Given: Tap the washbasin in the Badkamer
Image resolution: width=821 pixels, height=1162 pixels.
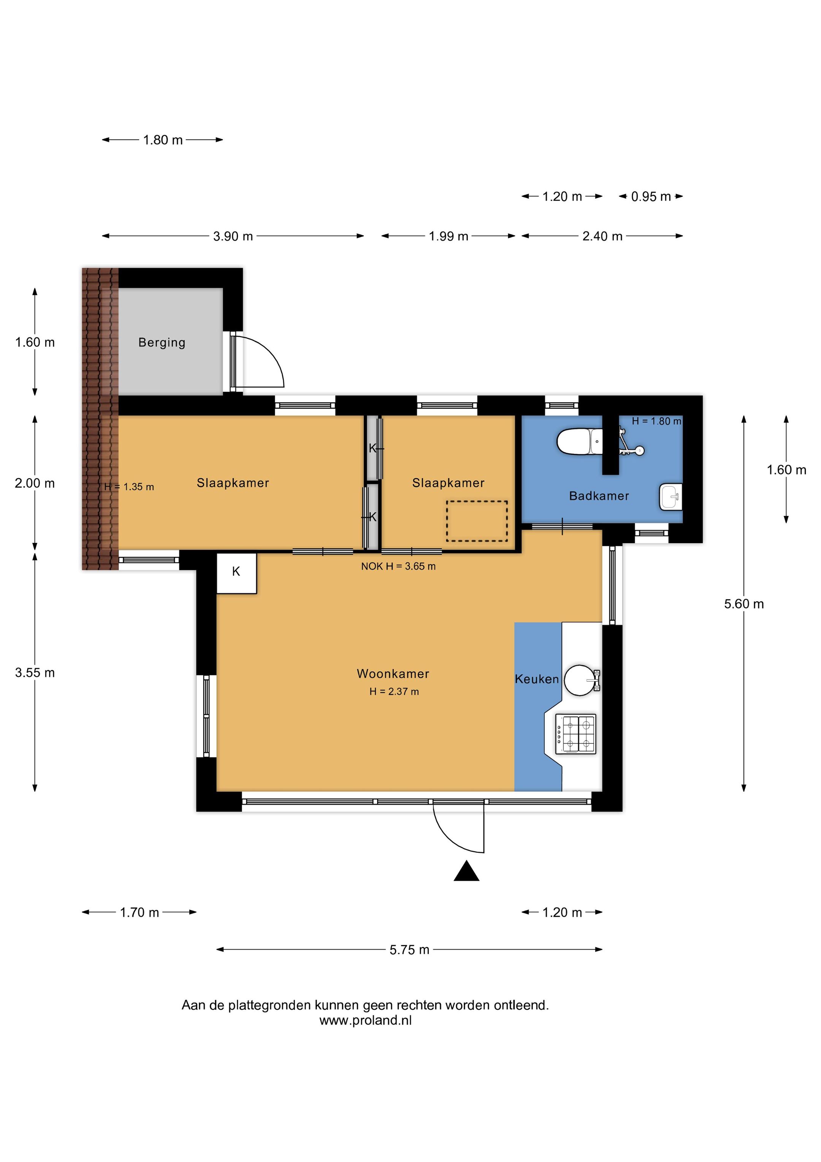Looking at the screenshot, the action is click(x=671, y=496).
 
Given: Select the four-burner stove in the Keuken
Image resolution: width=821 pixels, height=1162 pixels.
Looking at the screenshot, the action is click(x=576, y=734).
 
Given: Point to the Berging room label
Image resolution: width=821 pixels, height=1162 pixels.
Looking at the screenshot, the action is click(x=162, y=343).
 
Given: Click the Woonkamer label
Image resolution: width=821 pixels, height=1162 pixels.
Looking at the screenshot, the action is click(x=393, y=674).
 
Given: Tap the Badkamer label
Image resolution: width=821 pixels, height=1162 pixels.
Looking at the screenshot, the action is click(x=599, y=496).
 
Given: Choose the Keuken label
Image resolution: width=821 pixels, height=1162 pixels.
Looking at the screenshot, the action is click(x=537, y=679).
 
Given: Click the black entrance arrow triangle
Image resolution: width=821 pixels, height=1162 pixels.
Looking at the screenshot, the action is click(x=466, y=871).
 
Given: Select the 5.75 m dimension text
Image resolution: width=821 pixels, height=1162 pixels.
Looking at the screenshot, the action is click(x=409, y=950).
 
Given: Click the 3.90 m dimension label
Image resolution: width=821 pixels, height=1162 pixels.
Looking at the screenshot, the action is click(x=233, y=236).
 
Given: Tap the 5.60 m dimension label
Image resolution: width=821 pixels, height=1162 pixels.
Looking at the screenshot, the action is click(x=743, y=604).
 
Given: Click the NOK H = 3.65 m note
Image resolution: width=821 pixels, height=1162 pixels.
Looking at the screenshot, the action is click(x=398, y=566).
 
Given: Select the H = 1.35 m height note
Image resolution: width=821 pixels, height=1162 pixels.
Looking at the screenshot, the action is click(x=129, y=487).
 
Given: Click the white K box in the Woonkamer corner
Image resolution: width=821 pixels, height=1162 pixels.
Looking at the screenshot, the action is click(x=236, y=573).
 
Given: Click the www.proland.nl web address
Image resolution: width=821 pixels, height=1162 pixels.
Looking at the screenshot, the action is click(x=365, y=1020).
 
